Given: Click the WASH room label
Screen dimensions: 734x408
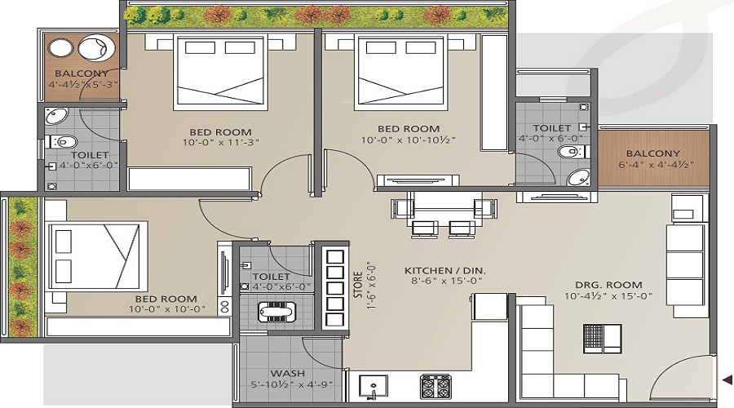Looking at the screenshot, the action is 287,374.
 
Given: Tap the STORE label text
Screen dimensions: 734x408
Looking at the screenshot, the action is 358,285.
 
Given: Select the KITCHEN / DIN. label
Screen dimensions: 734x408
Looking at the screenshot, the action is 444,271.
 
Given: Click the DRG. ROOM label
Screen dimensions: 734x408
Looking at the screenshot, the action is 608,285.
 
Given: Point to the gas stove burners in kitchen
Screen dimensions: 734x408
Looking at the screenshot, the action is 436,387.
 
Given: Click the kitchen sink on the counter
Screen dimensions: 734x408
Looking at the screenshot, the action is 373,388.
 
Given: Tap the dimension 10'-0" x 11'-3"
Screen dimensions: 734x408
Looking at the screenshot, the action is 220,142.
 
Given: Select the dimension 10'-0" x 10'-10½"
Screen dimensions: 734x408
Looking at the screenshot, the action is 409,140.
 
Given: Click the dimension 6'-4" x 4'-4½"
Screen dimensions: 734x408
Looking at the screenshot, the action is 656,164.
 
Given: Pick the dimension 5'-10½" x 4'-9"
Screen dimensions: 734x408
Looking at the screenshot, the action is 292,384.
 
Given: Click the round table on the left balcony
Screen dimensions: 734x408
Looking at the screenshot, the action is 60,49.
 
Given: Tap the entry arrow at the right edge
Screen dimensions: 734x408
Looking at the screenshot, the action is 727,379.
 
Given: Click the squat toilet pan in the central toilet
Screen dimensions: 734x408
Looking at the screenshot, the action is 276,312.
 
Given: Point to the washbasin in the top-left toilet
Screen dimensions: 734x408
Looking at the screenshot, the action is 56,116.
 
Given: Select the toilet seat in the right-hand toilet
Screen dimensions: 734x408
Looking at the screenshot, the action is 571,151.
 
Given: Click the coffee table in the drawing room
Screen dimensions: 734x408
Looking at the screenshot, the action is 603,338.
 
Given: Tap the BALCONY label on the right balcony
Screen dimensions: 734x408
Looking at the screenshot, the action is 653,153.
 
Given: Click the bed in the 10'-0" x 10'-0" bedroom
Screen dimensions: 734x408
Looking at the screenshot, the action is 97,255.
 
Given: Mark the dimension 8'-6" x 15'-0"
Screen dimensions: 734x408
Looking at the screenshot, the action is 444,281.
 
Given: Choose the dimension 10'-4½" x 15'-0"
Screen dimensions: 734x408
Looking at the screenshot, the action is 608,296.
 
